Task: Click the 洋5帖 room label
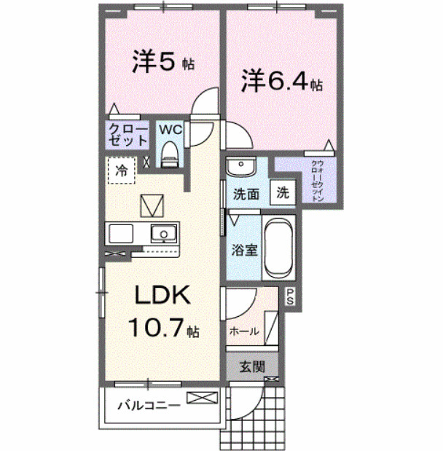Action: pos(162,63)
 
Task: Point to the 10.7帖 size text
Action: pos(162,328)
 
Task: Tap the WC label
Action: pos(170,129)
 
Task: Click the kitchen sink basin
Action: pos(164,234)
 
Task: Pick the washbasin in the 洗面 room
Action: pos(240,168)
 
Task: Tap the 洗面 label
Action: pos(246,195)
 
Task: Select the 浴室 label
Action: pos(245,250)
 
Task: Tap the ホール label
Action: pos(244,331)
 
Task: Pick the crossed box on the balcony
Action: pos(202,398)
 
